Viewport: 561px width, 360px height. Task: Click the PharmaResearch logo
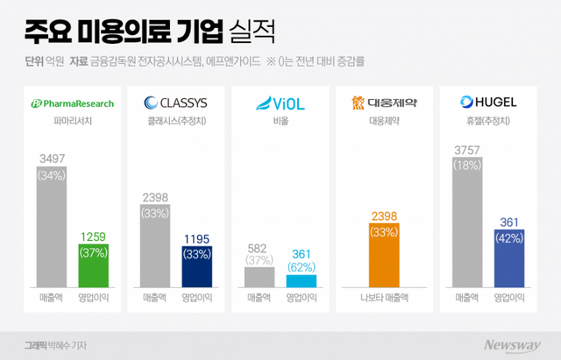[73, 102]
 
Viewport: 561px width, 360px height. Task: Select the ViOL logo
[280, 102]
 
